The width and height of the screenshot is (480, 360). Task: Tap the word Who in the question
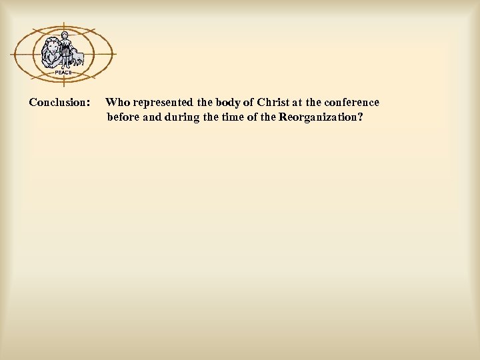tap(118, 103)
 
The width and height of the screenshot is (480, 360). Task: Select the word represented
tap(163, 103)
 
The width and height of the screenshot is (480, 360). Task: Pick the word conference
tap(353, 103)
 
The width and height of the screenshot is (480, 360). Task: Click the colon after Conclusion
tap(89, 103)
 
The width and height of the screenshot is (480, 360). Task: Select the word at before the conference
tap(297, 103)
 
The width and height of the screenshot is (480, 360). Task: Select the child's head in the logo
tap(65, 36)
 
